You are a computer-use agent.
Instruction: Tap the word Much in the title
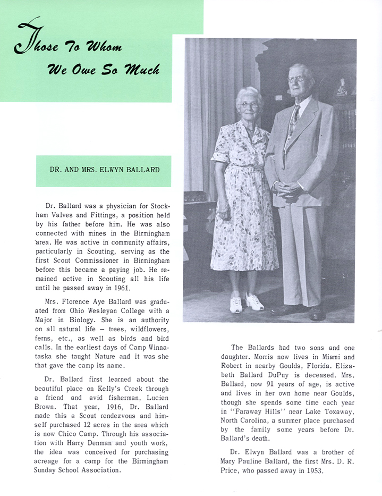[142, 69]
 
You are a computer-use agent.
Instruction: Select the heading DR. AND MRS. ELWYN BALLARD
[104, 171]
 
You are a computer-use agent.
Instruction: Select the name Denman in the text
[120, 434]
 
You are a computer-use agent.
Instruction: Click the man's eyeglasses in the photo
[296, 79]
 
